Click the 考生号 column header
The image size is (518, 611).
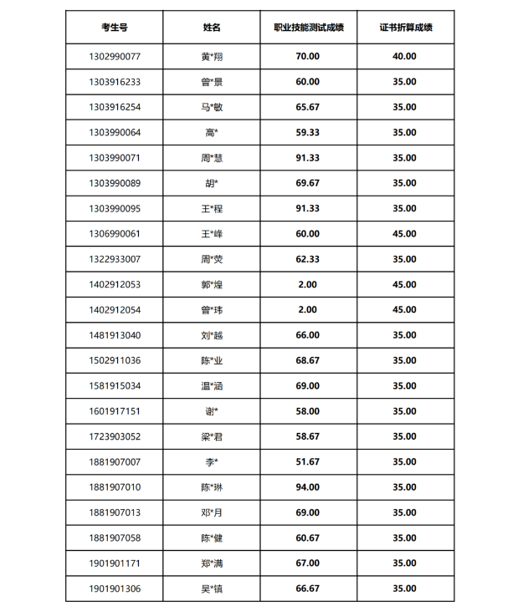[x=114, y=28]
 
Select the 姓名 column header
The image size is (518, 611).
[x=212, y=28]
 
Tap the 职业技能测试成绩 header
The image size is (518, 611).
[x=308, y=28]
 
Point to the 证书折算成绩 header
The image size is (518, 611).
[x=405, y=28]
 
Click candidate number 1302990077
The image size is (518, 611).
[x=114, y=56]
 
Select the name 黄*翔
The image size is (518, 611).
[x=212, y=56]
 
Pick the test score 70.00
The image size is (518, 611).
[x=308, y=56]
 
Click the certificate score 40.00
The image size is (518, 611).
[x=405, y=56]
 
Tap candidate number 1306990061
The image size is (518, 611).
[x=114, y=233]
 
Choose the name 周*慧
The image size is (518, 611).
[x=212, y=157]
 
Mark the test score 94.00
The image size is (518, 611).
[x=308, y=487]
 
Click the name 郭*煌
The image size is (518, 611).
[x=212, y=284]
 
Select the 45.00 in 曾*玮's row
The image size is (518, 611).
[x=405, y=309]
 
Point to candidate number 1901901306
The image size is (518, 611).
[x=114, y=588]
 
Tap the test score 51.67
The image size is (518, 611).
[x=308, y=461]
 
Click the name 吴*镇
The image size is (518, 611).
[x=212, y=588]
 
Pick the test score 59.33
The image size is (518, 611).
[x=308, y=132]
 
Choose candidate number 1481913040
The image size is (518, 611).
[x=114, y=335]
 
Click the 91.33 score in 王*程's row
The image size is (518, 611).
[x=308, y=208]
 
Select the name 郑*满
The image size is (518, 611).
[x=212, y=563]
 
